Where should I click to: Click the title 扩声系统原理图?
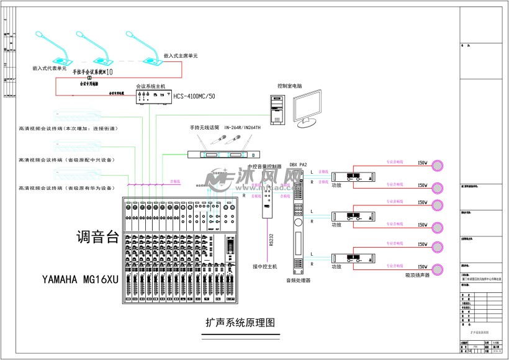(239, 323)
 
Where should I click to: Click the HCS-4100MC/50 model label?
(194, 96)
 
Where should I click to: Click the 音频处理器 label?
(298, 281)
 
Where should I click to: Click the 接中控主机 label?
(264, 266)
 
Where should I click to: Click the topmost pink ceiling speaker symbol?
(439, 165)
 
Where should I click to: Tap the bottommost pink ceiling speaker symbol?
(439, 268)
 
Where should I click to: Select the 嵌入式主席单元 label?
(181, 56)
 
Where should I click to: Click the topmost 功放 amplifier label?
(336, 185)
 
